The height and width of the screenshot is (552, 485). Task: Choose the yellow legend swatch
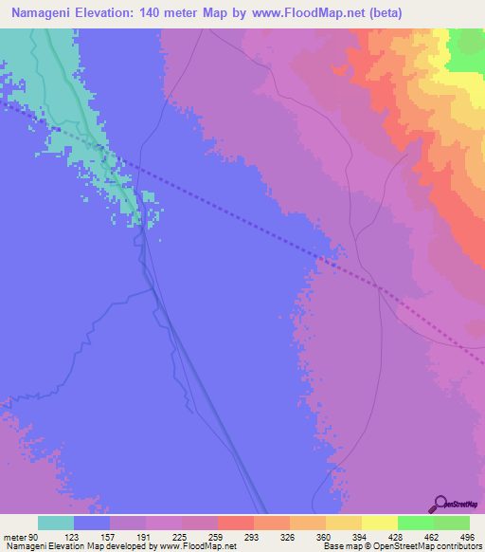pos(379,523)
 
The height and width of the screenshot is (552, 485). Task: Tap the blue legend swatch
pos(92,523)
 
